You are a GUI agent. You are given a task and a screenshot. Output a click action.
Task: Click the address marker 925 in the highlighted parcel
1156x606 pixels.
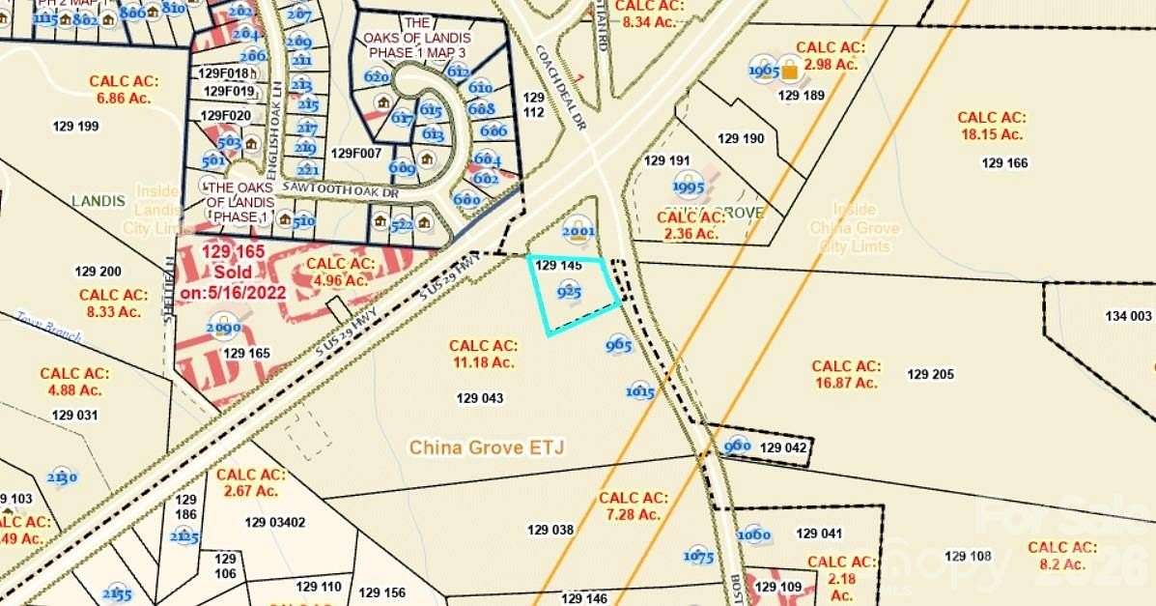569,290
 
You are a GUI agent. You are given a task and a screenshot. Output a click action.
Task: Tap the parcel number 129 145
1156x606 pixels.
558,265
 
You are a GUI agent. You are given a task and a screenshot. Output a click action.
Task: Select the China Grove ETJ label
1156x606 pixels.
486,447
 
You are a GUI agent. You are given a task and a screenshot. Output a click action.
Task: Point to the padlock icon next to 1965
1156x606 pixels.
790,70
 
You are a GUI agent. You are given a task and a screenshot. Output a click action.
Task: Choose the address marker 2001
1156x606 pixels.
578,231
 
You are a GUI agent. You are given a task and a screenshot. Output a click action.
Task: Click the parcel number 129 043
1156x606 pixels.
480,397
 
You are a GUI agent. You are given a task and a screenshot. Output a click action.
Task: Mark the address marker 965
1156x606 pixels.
619,345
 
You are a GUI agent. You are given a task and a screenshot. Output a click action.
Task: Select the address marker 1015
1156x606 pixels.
640,391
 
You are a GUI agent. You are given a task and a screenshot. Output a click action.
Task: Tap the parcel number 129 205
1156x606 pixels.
930,374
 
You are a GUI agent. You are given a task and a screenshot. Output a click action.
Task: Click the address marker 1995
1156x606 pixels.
689,188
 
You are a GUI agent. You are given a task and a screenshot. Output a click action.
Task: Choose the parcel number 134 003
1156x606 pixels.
1128,316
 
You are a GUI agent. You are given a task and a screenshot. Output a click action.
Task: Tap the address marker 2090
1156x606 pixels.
223,329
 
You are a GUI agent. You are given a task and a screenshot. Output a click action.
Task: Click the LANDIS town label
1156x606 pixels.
99,201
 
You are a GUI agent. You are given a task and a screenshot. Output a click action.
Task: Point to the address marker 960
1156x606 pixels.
737,446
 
